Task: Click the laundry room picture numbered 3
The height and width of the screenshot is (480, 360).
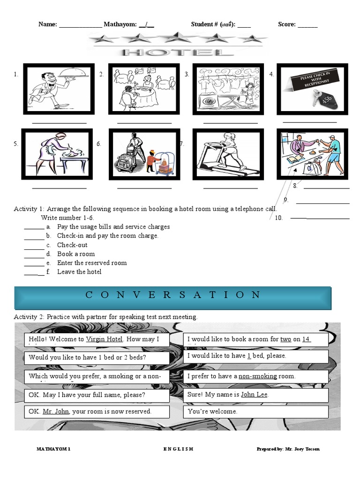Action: [x=226, y=89]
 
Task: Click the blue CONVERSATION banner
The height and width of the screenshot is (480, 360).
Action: [x=173, y=295]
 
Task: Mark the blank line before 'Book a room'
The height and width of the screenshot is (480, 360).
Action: [x=34, y=254]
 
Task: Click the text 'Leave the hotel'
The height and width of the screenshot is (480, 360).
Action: [x=79, y=272]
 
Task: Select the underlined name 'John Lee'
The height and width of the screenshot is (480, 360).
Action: [x=254, y=395]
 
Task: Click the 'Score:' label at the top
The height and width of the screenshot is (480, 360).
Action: [x=286, y=24]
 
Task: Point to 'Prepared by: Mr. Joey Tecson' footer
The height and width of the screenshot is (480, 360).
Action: [x=288, y=449]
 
